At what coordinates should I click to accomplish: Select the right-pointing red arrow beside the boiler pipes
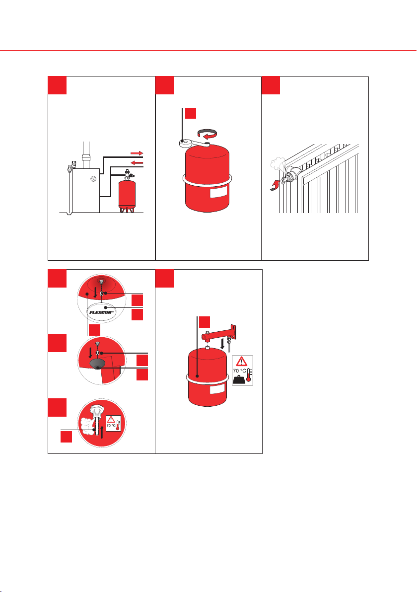pos(137,153)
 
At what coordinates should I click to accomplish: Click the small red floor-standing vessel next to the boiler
pos(127,196)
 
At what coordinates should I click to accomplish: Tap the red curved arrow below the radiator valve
pos(275,185)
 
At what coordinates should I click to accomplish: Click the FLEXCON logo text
pos(101,312)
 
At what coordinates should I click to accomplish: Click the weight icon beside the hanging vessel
pos(239,379)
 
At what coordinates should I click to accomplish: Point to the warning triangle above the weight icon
pos(242,362)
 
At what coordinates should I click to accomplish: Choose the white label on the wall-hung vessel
pos(217,388)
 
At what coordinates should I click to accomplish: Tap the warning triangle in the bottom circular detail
pos(111,420)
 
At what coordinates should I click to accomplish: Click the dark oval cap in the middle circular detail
pos(98,364)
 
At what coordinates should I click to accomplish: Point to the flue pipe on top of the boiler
pos(86,155)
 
